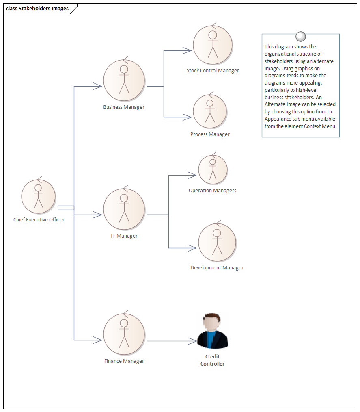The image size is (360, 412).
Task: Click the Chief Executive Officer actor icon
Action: tap(39, 196)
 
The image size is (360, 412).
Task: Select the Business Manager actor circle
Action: tap(124, 81)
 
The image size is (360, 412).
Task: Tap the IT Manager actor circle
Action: tap(124, 209)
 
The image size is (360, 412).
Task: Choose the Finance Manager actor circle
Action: tap(124, 334)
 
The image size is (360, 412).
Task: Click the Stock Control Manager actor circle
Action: tap(213, 45)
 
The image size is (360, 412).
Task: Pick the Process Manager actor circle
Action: tap(210, 111)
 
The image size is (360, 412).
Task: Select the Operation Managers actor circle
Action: tap(213, 169)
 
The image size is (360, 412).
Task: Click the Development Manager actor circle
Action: tap(217, 242)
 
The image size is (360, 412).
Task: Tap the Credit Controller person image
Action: tap(213, 331)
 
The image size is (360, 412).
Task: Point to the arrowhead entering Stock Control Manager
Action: tap(188, 51)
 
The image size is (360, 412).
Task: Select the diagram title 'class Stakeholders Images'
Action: tap(37, 9)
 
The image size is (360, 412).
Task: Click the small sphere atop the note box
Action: tap(301, 37)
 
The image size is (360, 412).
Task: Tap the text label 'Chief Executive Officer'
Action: tap(39, 220)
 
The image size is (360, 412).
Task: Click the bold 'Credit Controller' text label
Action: tap(212, 360)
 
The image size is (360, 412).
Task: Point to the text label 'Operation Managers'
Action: tap(212, 191)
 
